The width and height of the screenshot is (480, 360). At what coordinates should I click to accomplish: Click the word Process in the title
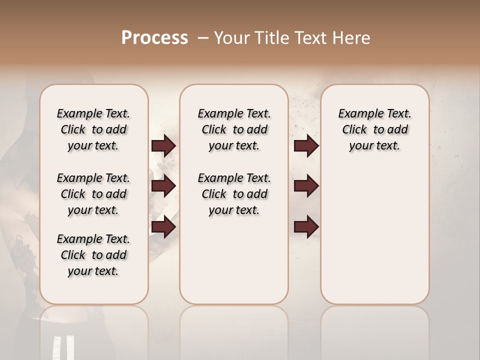154,38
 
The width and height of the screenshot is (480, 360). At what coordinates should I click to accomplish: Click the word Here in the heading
352,38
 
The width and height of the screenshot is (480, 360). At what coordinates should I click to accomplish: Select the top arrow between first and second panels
163,146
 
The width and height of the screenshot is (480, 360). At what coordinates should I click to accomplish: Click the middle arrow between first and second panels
163,186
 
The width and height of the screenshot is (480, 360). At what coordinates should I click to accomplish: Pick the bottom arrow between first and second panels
163,227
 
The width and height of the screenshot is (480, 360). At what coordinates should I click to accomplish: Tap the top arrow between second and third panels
306,146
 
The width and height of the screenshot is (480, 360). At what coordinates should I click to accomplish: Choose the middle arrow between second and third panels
306,186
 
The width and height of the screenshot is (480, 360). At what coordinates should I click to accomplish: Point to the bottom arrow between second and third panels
306,227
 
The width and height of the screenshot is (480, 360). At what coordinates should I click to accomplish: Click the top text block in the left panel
93,129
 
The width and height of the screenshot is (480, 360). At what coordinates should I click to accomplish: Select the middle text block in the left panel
93,194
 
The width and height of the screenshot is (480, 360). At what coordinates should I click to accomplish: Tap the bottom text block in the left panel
93,255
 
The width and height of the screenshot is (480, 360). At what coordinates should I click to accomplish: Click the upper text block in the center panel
234,129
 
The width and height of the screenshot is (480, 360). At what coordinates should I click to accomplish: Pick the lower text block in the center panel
234,194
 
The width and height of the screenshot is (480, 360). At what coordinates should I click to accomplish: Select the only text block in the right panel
374,129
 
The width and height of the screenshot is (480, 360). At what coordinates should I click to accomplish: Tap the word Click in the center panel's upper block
214,130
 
